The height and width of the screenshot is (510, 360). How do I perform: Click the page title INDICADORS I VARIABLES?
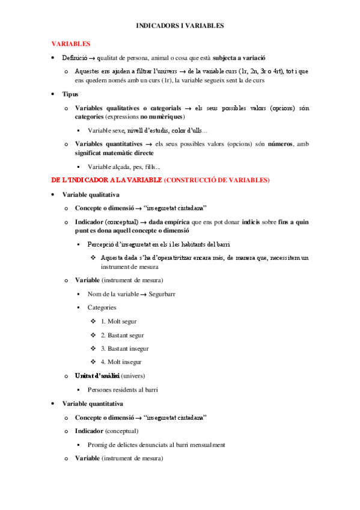[x=180, y=26]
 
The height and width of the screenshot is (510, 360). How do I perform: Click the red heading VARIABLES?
[x=70, y=44]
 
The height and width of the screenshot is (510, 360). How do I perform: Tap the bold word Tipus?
[x=70, y=94]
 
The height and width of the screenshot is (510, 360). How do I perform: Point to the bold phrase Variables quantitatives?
[x=108, y=144]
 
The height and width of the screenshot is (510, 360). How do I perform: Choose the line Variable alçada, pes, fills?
[x=124, y=167]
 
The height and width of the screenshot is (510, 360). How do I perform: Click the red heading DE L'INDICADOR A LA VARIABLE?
[x=106, y=180]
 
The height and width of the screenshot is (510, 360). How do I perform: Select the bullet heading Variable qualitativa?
[x=91, y=195]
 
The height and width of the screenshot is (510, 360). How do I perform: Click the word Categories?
[x=102, y=307]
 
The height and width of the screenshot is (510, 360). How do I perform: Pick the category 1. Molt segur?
[x=119, y=322]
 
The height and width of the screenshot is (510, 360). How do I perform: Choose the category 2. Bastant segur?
[x=122, y=335]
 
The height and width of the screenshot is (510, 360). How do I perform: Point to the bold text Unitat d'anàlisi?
[x=97, y=376]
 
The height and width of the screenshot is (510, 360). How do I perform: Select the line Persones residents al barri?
[x=123, y=390]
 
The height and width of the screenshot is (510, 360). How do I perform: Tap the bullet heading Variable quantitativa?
[x=93, y=404]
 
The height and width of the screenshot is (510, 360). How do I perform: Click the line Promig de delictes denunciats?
[x=156, y=445]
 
